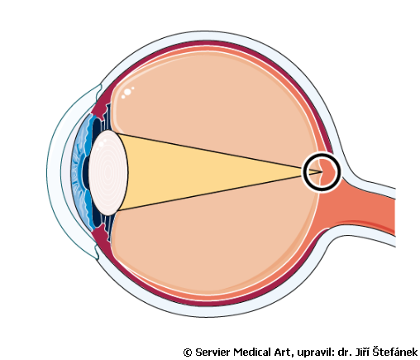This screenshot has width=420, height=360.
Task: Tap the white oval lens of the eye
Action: [108, 173]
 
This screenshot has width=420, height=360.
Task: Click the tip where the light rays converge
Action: [322, 172]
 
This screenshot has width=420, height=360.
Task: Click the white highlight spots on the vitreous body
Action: [127, 93]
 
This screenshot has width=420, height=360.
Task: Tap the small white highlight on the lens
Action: [101, 144]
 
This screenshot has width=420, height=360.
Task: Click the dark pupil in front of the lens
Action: [86, 173]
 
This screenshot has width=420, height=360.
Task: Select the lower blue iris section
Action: [84, 207]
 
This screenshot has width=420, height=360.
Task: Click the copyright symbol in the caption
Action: [188, 353]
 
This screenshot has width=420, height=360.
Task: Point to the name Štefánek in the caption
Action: [395, 352]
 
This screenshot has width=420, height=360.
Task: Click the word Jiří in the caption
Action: [361, 352]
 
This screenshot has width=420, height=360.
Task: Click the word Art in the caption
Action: [282, 353]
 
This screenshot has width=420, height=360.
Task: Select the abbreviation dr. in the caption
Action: [344, 353]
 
